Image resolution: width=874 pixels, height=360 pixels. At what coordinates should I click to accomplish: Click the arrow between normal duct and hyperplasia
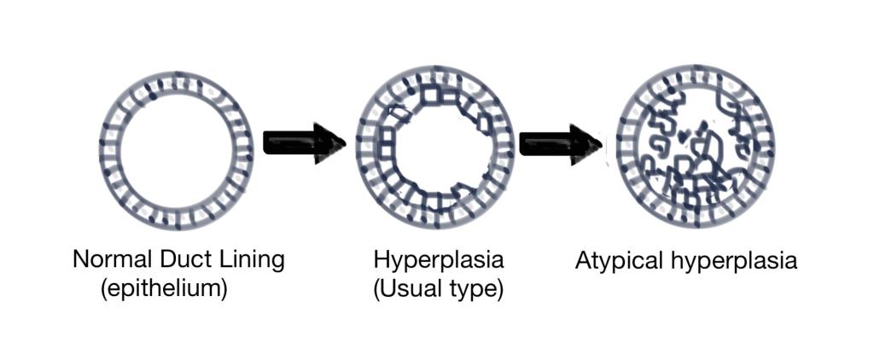[305, 144]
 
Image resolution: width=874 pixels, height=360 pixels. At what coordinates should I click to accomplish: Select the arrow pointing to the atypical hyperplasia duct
[560, 144]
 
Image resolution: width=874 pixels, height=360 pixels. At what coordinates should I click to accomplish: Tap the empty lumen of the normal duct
[176, 150]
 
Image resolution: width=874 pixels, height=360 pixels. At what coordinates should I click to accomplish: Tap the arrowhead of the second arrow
[586, 144]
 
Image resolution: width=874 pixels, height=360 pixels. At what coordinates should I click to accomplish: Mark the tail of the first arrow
[265, 144]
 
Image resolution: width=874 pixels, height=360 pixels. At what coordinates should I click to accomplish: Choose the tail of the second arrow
[521, 144]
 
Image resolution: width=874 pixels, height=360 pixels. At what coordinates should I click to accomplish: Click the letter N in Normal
[80, 259]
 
